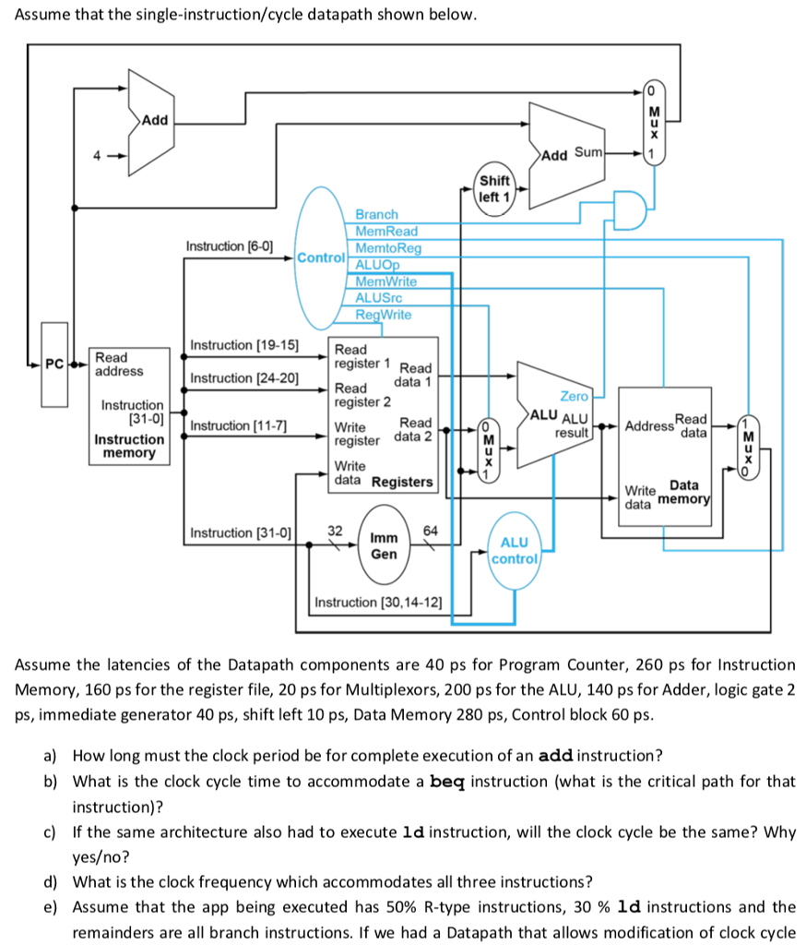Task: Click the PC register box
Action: point(54,365)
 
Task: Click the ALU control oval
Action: point(515,550)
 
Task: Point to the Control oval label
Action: point(321,257)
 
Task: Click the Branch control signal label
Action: point(377,214)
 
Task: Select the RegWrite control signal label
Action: point(384,315)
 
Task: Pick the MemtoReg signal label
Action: point(388,248)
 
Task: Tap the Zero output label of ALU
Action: point(574,396)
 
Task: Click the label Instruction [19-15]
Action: point(243,345)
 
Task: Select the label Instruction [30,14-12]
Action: point(378,603)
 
